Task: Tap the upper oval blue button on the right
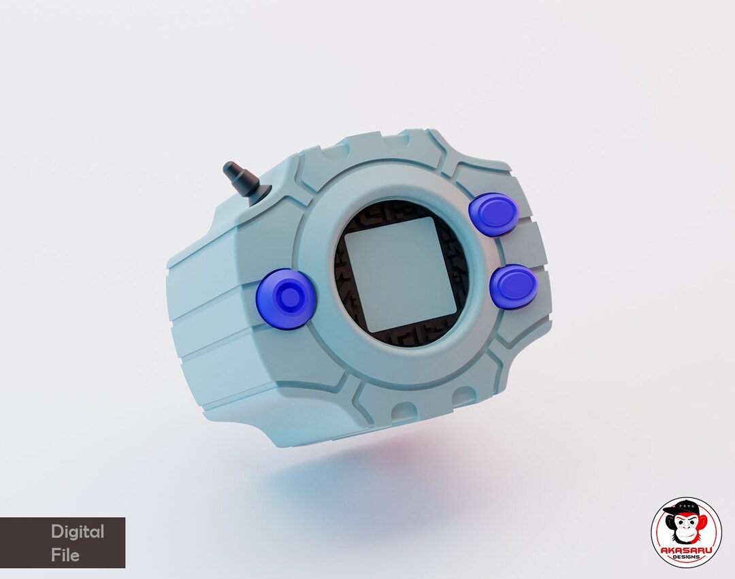point(494,214)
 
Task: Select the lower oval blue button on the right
point(514,285)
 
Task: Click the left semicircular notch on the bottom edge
point(402,411)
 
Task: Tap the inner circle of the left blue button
point(289,298)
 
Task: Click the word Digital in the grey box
point(78,531)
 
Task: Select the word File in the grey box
point(65,555)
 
